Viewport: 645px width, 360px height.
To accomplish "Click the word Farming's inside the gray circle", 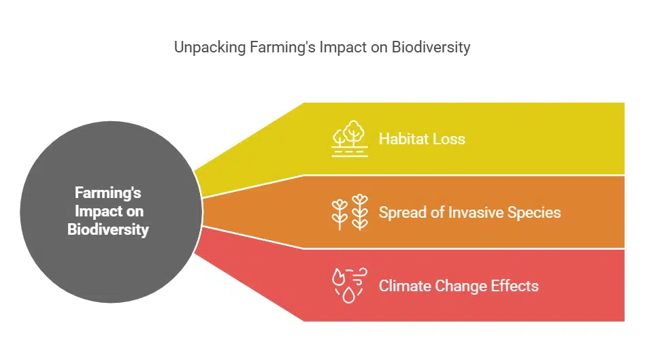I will tap(108, 193).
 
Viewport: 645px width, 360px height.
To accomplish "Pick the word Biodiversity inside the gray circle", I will tap(108, 229).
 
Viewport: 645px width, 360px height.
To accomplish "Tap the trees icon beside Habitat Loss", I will tap(350, 139).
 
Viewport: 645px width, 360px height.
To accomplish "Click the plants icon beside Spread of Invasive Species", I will tap(350, 212).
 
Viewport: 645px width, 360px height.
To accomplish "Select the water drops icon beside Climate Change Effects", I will tap(350, 285).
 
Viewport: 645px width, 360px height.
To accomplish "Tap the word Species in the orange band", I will tap(536, 212).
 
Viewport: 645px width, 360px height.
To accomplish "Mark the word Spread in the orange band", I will tap(401, 212).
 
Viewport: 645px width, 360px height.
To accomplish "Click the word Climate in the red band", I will tap(403, 285).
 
